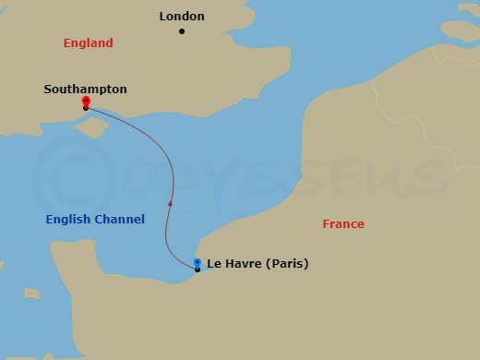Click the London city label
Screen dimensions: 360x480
click(182, 16)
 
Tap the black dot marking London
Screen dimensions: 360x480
click(182, 31)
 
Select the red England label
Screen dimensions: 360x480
click(88, 43)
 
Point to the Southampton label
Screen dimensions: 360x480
click(85, 90)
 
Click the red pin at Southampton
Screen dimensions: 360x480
click(85, 101)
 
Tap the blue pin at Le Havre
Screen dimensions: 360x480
click(198, 263)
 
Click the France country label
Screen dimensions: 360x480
click(343, 224)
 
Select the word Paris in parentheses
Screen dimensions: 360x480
click(284, 264)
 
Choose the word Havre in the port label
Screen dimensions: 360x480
click(243, 264)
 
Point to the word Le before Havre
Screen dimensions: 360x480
click(214, 264)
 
